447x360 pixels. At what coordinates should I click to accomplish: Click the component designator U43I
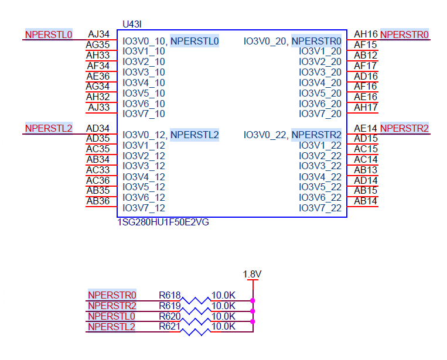tap(132, 24)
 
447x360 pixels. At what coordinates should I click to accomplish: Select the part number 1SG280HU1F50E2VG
tap(163, 223)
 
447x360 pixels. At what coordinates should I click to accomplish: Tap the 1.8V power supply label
tap(252, 274)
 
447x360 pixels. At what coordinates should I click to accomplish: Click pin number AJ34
tap(98, 35)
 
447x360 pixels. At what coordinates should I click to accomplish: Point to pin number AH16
tap(366, 35)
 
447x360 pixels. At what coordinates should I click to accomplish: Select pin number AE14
tap(366, 128)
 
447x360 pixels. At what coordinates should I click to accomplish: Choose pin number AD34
tap(98, 128)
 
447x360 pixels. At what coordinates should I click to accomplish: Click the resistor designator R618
tap(170, 295)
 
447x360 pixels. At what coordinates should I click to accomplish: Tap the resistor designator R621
tap(170, 327)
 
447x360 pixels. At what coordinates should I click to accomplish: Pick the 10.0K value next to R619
tap(223, 306)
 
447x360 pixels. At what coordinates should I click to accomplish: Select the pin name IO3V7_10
tap(144, 114)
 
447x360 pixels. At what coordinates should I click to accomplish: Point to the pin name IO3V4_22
tap(320, 177)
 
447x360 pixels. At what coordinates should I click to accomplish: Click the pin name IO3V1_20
tap(320, 52)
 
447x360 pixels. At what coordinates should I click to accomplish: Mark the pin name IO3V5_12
tap(144, 187)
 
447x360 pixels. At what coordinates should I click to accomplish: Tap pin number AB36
tap(98, 201)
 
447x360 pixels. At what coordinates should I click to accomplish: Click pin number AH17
tap(366, 108)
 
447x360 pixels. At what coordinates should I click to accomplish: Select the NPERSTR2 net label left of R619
tap(112, 306)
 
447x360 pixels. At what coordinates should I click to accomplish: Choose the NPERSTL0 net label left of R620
tap(112, 316)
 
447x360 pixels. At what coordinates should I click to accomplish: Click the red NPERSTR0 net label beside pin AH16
tap(404, 35)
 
